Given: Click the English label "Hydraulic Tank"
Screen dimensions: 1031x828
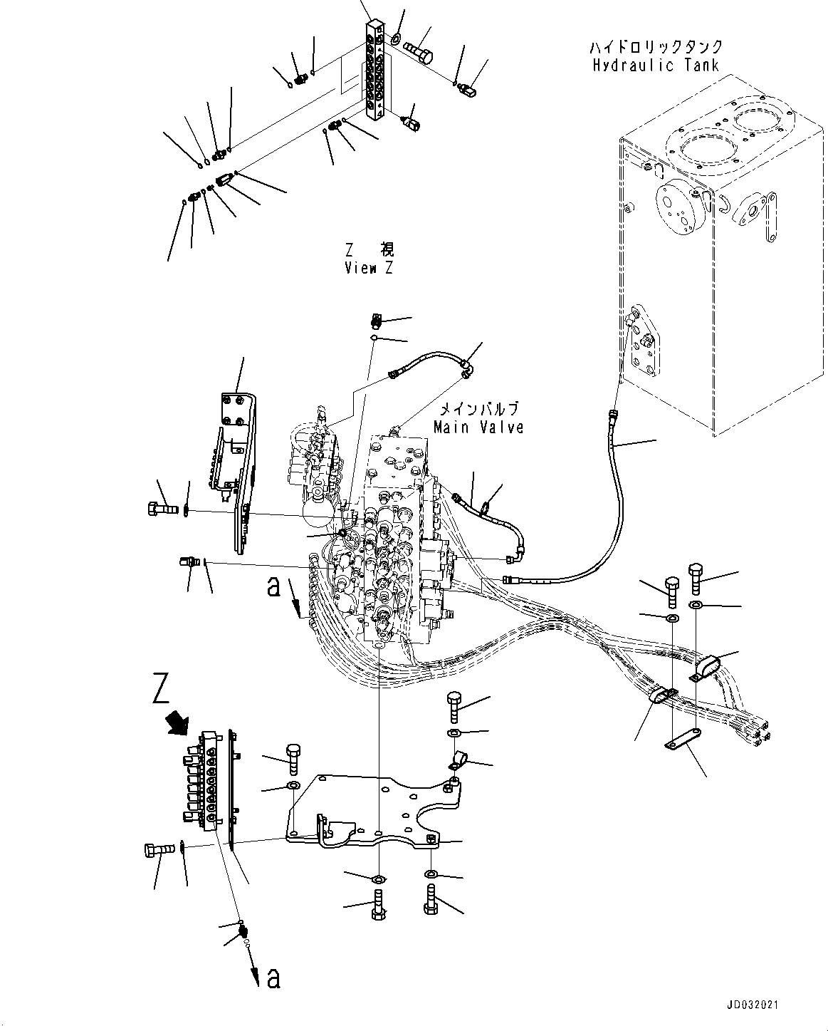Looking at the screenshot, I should pos(655,65).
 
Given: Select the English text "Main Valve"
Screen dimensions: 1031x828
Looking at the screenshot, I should pos(478,427).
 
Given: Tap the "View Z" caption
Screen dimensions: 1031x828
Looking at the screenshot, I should pos(369,268).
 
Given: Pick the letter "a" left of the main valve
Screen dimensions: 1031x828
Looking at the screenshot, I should pos(273,586).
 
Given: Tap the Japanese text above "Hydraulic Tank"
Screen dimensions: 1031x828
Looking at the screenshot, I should pos(655,47).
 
